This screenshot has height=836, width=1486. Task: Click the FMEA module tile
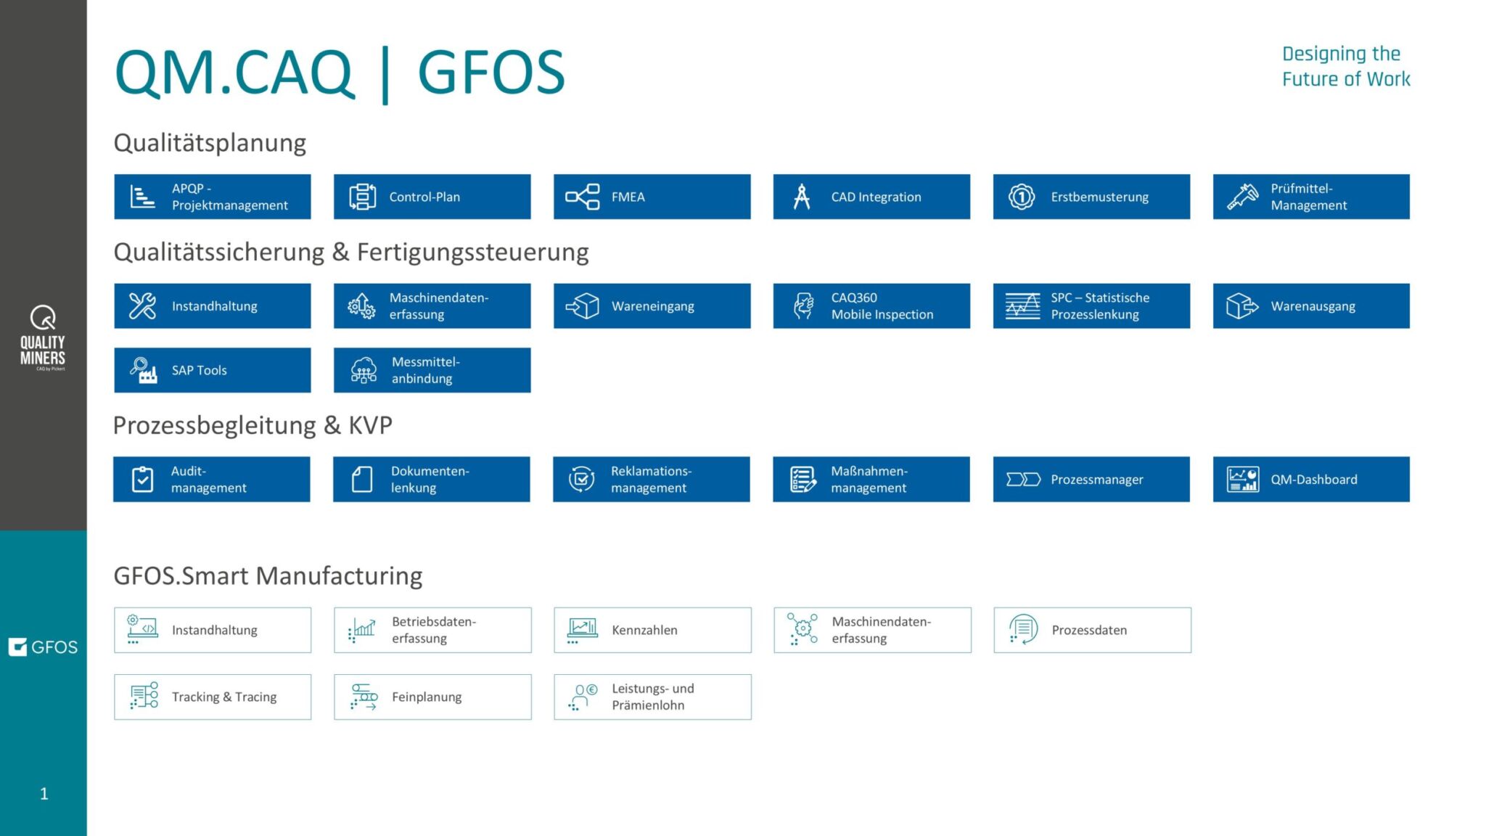click(x=652, y=197)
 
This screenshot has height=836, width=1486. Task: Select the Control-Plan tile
click(x=432, y=197)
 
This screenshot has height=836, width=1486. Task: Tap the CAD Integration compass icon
click(x=802, y=197)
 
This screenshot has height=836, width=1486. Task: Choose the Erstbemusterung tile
click(x=1091, y=197)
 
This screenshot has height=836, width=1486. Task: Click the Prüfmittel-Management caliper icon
click(x=1242, y=197)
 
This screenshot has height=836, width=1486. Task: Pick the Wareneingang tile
click(x=652, y=306)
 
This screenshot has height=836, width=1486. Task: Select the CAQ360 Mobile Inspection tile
click(x=871, y=306)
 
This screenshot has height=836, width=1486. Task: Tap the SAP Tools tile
click(x=212, y=370)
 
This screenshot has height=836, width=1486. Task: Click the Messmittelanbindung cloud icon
click(x=364, y=370)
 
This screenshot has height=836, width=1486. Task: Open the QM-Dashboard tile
click(x=1311, y=479)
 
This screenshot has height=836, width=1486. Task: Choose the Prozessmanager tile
click(x=1091, y=479)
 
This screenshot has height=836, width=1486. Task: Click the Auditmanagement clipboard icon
click(x=143, y=479)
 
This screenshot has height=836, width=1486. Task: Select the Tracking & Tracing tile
click(x=213, y=697)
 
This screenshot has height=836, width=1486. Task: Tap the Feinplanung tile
click(x=432, y=697)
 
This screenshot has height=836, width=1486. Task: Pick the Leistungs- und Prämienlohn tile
click(x=652, y=697)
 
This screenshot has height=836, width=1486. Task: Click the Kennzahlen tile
click(x=652, y=630)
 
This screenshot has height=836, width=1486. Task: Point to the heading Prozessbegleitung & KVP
click(x=253, y=425)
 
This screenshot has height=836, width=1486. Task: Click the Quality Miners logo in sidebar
click(x=43, y=338)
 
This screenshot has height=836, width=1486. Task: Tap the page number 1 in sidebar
click(x=44, y=794)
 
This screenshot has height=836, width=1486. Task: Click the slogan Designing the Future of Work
click(x=1345, y=66)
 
